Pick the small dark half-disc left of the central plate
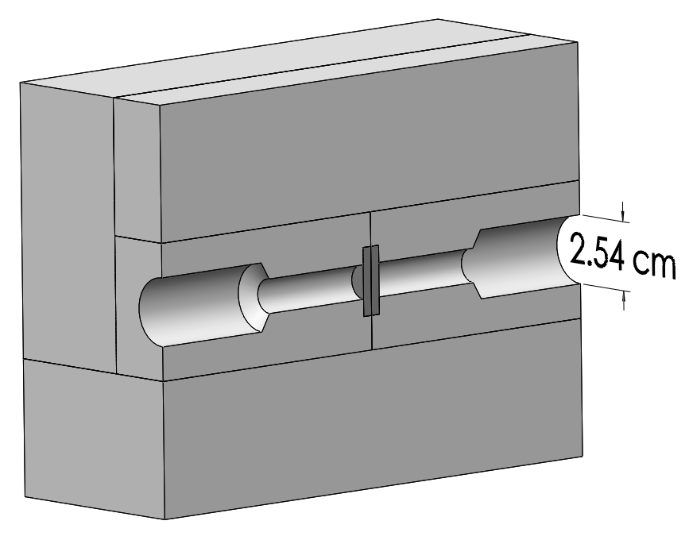[x=357, y=280]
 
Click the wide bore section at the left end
[x=191, y=303]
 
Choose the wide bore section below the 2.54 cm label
[x=524, y=257]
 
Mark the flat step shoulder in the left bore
[x=253, y=298]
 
